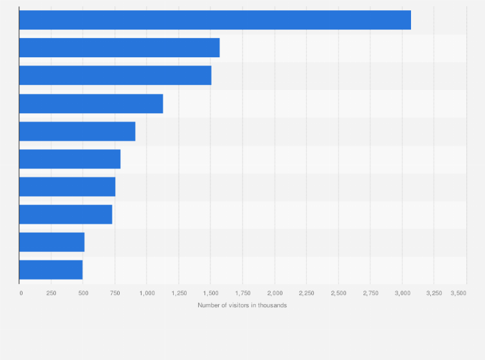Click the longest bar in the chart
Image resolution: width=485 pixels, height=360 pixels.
point(215,20)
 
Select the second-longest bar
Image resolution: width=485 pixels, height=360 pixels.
point(119,48)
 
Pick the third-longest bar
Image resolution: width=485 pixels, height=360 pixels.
point(115,75)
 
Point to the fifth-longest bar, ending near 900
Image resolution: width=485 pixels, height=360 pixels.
point(77,131)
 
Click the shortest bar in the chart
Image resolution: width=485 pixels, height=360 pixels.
point(51,269)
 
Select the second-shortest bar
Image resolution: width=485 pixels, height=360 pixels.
point(51,242)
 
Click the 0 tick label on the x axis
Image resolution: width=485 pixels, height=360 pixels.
point(21,293)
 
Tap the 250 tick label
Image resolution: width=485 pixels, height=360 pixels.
point(51,293)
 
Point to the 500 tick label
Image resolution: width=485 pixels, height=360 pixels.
point(83,293)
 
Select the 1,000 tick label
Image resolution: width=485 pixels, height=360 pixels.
point(147,293)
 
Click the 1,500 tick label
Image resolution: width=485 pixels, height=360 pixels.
point(210,293)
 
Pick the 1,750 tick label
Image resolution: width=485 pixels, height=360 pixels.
point(243,293)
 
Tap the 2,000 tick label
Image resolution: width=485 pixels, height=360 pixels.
point(275,293)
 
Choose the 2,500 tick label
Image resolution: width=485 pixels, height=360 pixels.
point(338,293)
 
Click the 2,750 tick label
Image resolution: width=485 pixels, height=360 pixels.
point(370,293)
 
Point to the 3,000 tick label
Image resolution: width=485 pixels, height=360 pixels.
point(402,293)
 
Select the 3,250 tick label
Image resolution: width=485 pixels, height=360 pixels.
point(434,293)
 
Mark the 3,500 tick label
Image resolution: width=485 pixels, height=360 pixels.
point(458,293)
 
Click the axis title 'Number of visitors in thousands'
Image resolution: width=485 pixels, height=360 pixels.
point(243,305)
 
